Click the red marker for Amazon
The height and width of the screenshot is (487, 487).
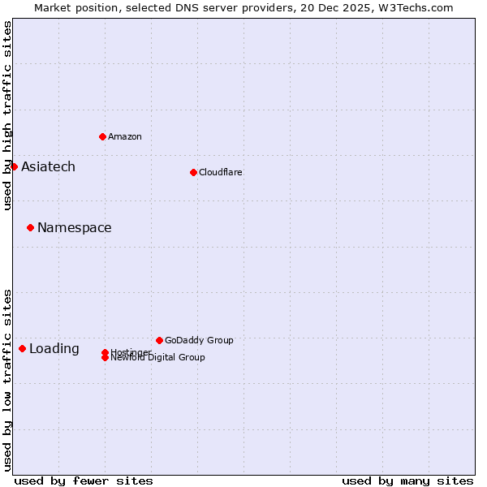(102, 136)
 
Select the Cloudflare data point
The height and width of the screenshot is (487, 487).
(193, 172)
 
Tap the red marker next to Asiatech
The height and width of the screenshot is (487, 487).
(14, 166)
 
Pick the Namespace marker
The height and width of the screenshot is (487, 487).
(30, 227)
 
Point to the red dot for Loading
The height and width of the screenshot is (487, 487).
(22, 348)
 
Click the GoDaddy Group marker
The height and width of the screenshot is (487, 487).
(159, 340)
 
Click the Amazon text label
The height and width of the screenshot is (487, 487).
(125, 136)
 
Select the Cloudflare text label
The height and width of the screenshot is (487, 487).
(220, 172)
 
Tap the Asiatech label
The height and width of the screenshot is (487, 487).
(48, 166)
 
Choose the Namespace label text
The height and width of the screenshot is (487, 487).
(74, 227)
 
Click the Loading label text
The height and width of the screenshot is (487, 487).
(54, 349)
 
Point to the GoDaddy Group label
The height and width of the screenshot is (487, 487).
(199, 340)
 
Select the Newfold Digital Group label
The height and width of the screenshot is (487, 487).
(158, 358)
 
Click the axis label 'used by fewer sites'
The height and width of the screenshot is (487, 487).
(84, 481)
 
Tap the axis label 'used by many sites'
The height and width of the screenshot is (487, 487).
(407, 481)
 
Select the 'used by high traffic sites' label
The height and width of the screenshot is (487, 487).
(7, 115)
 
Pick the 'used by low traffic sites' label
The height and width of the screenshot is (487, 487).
(7, 379)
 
